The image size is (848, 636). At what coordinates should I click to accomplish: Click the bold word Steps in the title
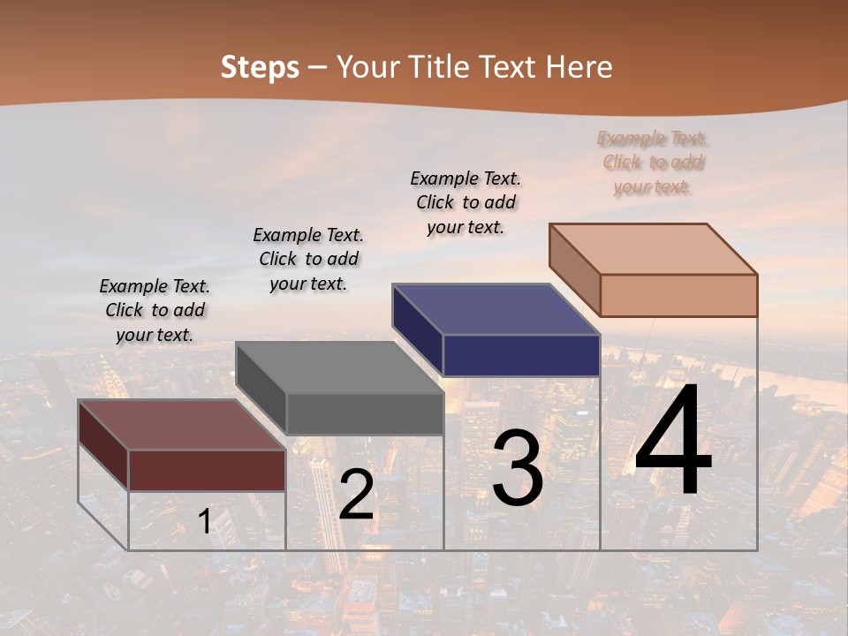pyautogui.click(x=260, y=67)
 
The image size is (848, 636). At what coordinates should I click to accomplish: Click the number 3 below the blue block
pyautogui.click(x=518, y=468)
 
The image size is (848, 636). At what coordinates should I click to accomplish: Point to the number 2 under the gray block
pyautogui.click(x=356, y=495)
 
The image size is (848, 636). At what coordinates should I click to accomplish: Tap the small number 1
pyautogui.click(x=204, y=521)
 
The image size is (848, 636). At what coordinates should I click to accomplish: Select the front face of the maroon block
pyautogui.click(x=207, y=470)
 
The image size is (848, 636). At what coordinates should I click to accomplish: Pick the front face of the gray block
pyautogui.click(x=364, y=413)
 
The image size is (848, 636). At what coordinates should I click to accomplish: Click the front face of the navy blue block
pyautogui.click(x=521, y=355)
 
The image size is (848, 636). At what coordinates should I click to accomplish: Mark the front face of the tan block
pyautogui.click(x=678, y=295)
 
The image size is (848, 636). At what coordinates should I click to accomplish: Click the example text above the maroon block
pyautogui.click(x=155, y=310)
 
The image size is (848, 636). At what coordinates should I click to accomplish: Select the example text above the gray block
pyautogui.click(x=308, y=259)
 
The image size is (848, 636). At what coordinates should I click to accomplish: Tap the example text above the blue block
pyautogui.click(x=466, y=202)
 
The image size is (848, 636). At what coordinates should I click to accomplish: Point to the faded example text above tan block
pyautogui.click(x=653, y=163)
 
